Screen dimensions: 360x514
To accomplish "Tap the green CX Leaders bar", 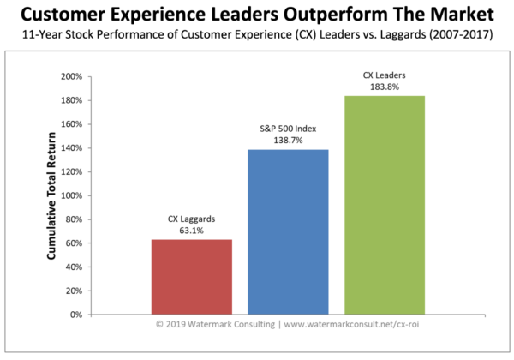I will pos(385,205).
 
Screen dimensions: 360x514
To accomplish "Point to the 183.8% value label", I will pos(385,87).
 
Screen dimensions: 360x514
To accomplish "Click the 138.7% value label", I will pos(288,141).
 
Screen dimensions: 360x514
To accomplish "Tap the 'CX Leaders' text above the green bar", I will pos(385,76).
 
